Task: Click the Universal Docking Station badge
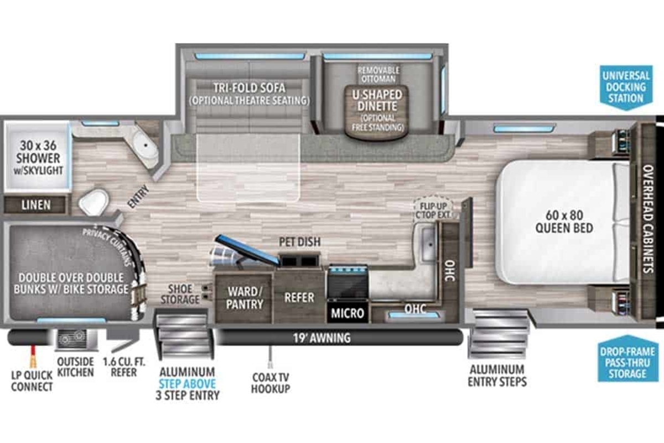[626, 87]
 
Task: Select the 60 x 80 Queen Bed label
[564, 221]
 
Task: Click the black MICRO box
[347, 312]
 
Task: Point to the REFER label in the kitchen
[299, 297]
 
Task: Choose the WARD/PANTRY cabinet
[243, 298]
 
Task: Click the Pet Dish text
[300, 242]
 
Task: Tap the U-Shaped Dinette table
[377, 112]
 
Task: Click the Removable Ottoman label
[378, 74]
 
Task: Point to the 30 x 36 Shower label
[38, 158]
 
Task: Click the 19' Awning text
[322, 338]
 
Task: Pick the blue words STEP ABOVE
[187, 384]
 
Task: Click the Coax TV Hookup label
[271, 383]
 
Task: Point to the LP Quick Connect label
[32, 381]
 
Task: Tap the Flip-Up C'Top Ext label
[433, 210]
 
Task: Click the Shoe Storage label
[180, 293]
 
